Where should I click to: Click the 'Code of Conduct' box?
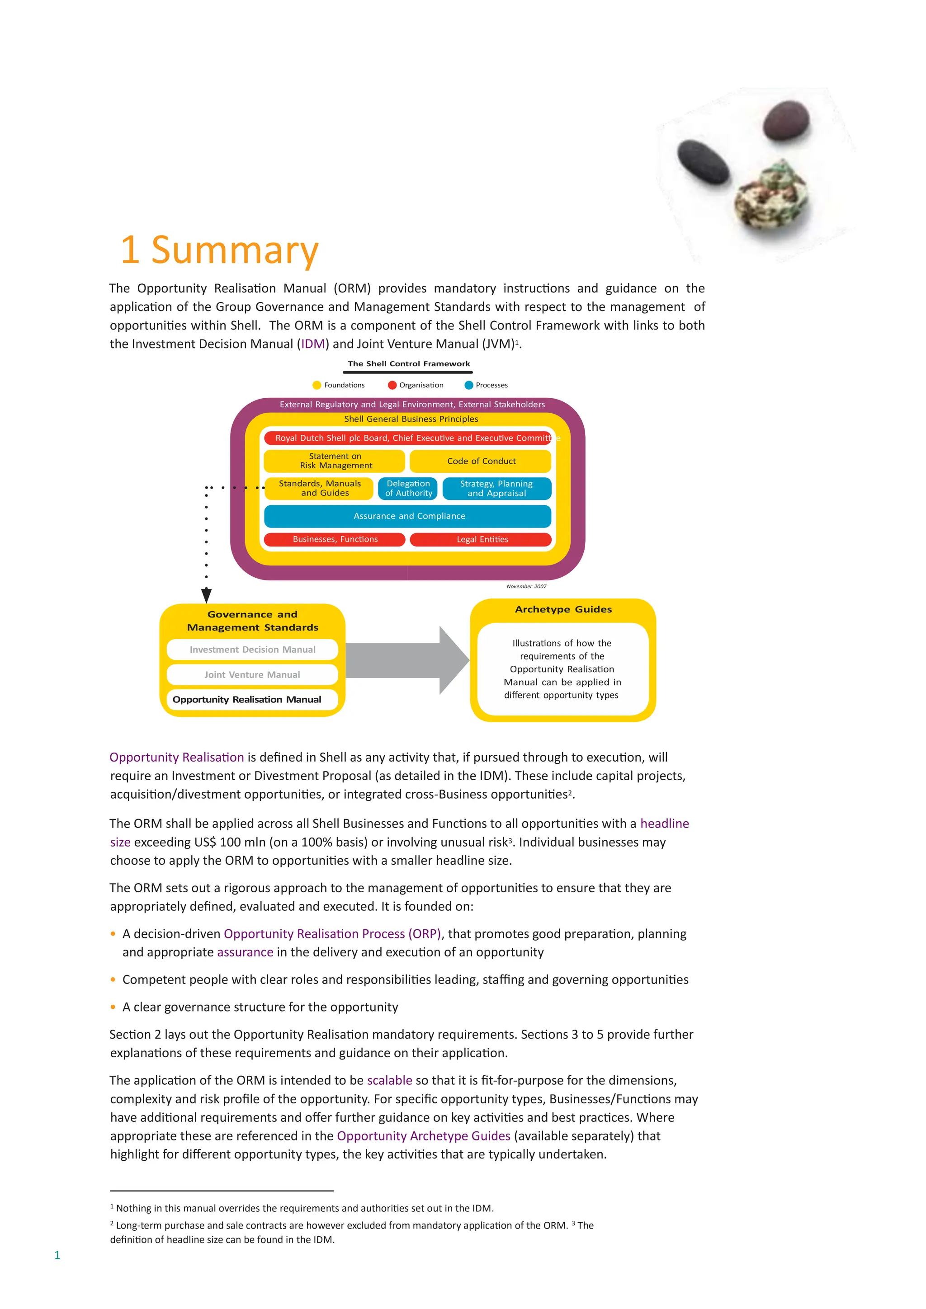(481, 461)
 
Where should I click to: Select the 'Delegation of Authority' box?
(408, 489)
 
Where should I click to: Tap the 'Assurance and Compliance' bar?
(408, 516)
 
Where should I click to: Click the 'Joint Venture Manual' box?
(252, 674)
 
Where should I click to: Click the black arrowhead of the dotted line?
(207, 595)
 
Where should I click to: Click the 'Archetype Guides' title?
(563, 609)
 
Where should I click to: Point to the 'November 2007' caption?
(526, 586)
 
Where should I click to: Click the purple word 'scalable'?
(389, 1080)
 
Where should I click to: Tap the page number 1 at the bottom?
(57, 1255)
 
